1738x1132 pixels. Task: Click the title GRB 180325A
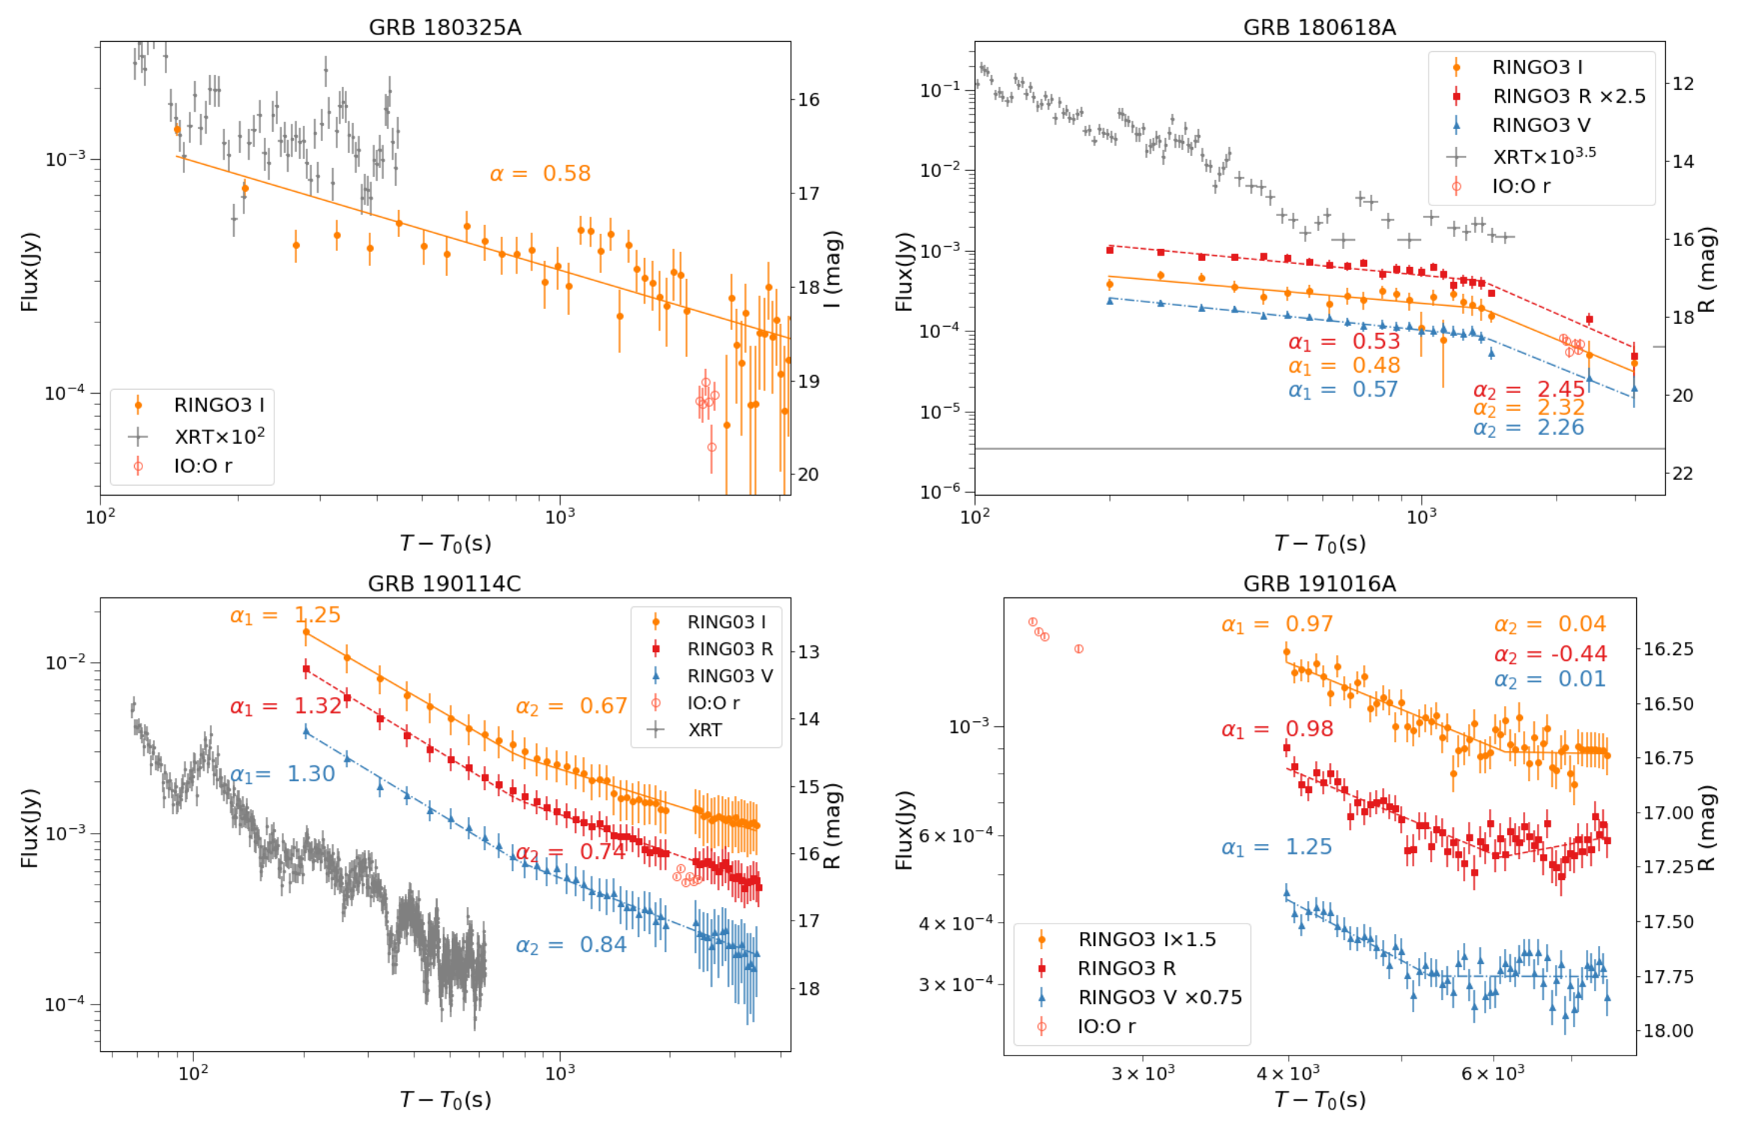click(x=444, y=28)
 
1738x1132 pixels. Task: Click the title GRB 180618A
click(x=1319, y=28)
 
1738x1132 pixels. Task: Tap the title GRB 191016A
click(x=1319, y=584)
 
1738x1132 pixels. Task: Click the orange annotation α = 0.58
click(x=540, y=174)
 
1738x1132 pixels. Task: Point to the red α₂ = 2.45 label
click(x=1529, y=390)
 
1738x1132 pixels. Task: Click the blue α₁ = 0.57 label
click(x=1343, y=390)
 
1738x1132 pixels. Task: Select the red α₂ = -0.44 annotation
click(x=1550, y=654)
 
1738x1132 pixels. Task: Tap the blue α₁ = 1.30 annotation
click(x=283, y=774)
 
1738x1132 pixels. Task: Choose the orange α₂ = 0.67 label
click(x=571, y=706)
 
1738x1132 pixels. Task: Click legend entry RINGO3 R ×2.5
click(x=1569, y=97)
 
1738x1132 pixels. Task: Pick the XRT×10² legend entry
click(x=219, y=436)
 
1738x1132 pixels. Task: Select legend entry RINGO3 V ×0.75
click(x=1159, y=997)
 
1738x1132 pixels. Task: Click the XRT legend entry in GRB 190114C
click(x=704, y=729)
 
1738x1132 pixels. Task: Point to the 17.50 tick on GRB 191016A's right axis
click(x=1668, y=921)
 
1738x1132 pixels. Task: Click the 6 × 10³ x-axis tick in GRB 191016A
click(x=1492, y=1074)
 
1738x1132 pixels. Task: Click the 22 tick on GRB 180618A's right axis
click(x=1683, y=474)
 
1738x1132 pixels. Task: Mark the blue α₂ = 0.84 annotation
click(x=571, y=945)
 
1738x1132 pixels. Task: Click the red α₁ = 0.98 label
click(x=1277, y=729)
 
